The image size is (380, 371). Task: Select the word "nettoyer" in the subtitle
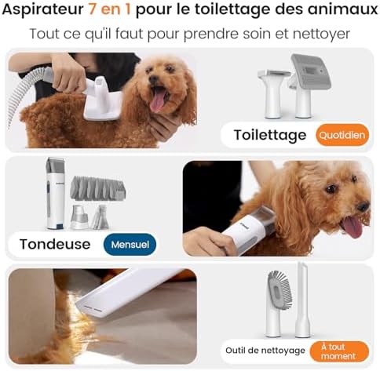pyautogui.click(x=320, y=35)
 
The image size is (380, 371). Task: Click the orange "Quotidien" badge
pyautogui.click(x=342, y=135)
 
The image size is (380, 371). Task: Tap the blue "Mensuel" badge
pyautogui.click(x=130, y=244)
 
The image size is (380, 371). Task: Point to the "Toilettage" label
pyautogui.click(x=269, y=135)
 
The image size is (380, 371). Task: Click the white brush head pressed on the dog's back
pyautogui.click(x=103, y=102)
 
